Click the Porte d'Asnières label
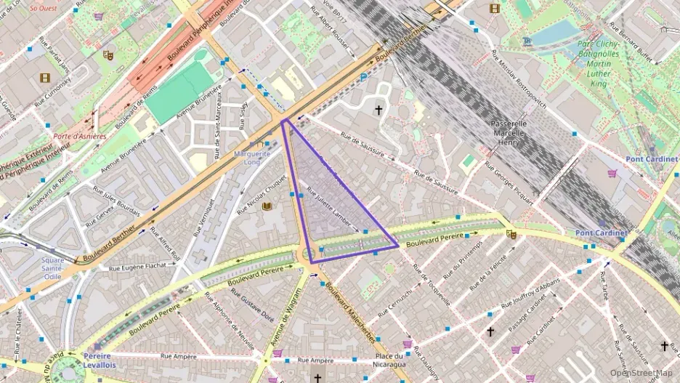click(79, 136)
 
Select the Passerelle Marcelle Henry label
click(519, 134)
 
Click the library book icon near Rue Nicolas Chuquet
click(267, 206)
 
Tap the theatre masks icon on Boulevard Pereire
click(511, 234)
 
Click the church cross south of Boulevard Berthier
click(378, 110)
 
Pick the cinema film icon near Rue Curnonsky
click(46, 78)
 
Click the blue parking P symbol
click(364, 76)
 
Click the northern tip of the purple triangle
click(282, 120)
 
